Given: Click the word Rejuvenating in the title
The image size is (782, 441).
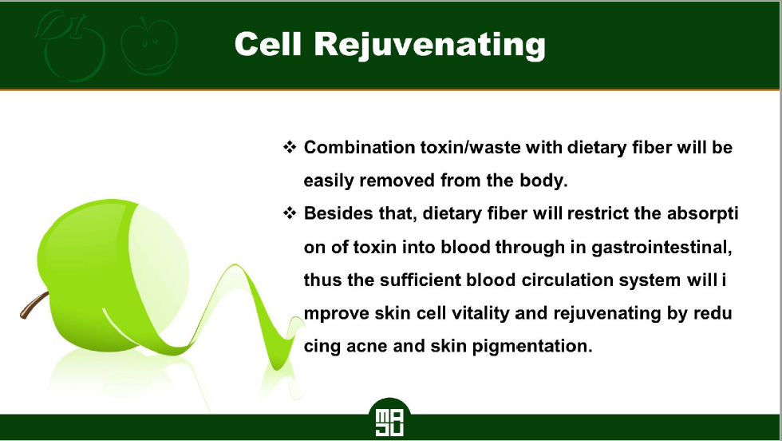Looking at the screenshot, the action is (430, 46).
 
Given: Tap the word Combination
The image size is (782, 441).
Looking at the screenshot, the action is (359, 147).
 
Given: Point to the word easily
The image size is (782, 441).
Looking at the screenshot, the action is (328, 181).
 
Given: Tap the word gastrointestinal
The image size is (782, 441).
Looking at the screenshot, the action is (662, 247).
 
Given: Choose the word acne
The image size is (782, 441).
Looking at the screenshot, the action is (366, 346).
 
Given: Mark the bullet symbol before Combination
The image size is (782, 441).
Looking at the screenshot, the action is (289, 147).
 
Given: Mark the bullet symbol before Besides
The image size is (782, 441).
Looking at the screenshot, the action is (289, 213).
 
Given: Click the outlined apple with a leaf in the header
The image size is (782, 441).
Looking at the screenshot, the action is (70, 46).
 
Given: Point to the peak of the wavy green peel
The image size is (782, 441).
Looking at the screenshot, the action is (235, 265).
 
